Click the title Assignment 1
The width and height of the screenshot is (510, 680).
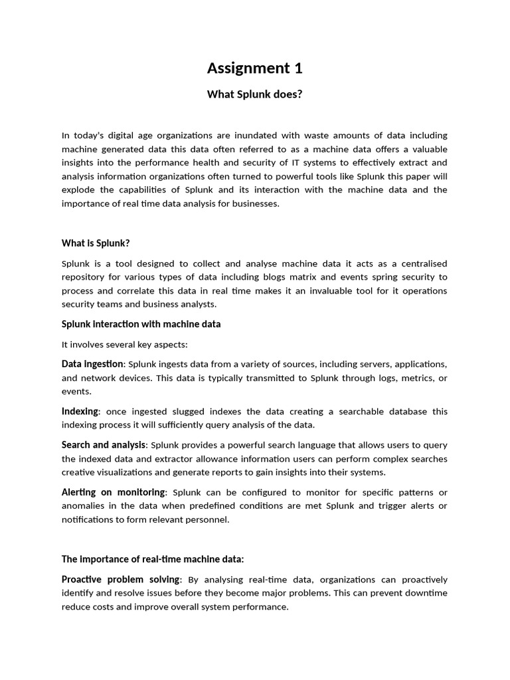click(x=254, y=68)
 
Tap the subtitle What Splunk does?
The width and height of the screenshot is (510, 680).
click(x=254, y=94)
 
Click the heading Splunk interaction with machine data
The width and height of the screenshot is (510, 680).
click(x=141, y=324)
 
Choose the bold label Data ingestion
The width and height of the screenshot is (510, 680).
click(x=92, y=364)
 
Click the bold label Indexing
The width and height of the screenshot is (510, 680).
click(x=80, y=412)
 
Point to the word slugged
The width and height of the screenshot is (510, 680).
click(x=175, y=412)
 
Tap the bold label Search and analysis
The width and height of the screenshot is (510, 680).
click(x=104, y=445)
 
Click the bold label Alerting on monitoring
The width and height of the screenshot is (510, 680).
click(x=114, y=492)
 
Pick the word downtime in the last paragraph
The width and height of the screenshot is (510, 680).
click(x=425, y=593)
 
